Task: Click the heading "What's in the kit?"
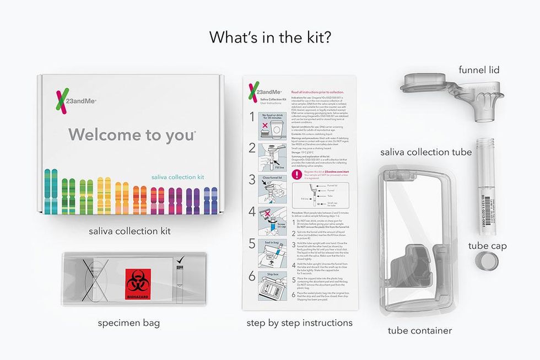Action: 269,37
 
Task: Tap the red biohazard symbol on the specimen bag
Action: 138,283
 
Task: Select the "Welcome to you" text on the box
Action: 132,135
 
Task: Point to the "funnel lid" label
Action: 479,69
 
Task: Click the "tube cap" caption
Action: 488,246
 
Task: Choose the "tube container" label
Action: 420,331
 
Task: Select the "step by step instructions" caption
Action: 299,323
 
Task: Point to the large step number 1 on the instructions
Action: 252,117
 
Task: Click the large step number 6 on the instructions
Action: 252,277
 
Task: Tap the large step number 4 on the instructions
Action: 252,212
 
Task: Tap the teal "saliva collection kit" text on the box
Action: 177,177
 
